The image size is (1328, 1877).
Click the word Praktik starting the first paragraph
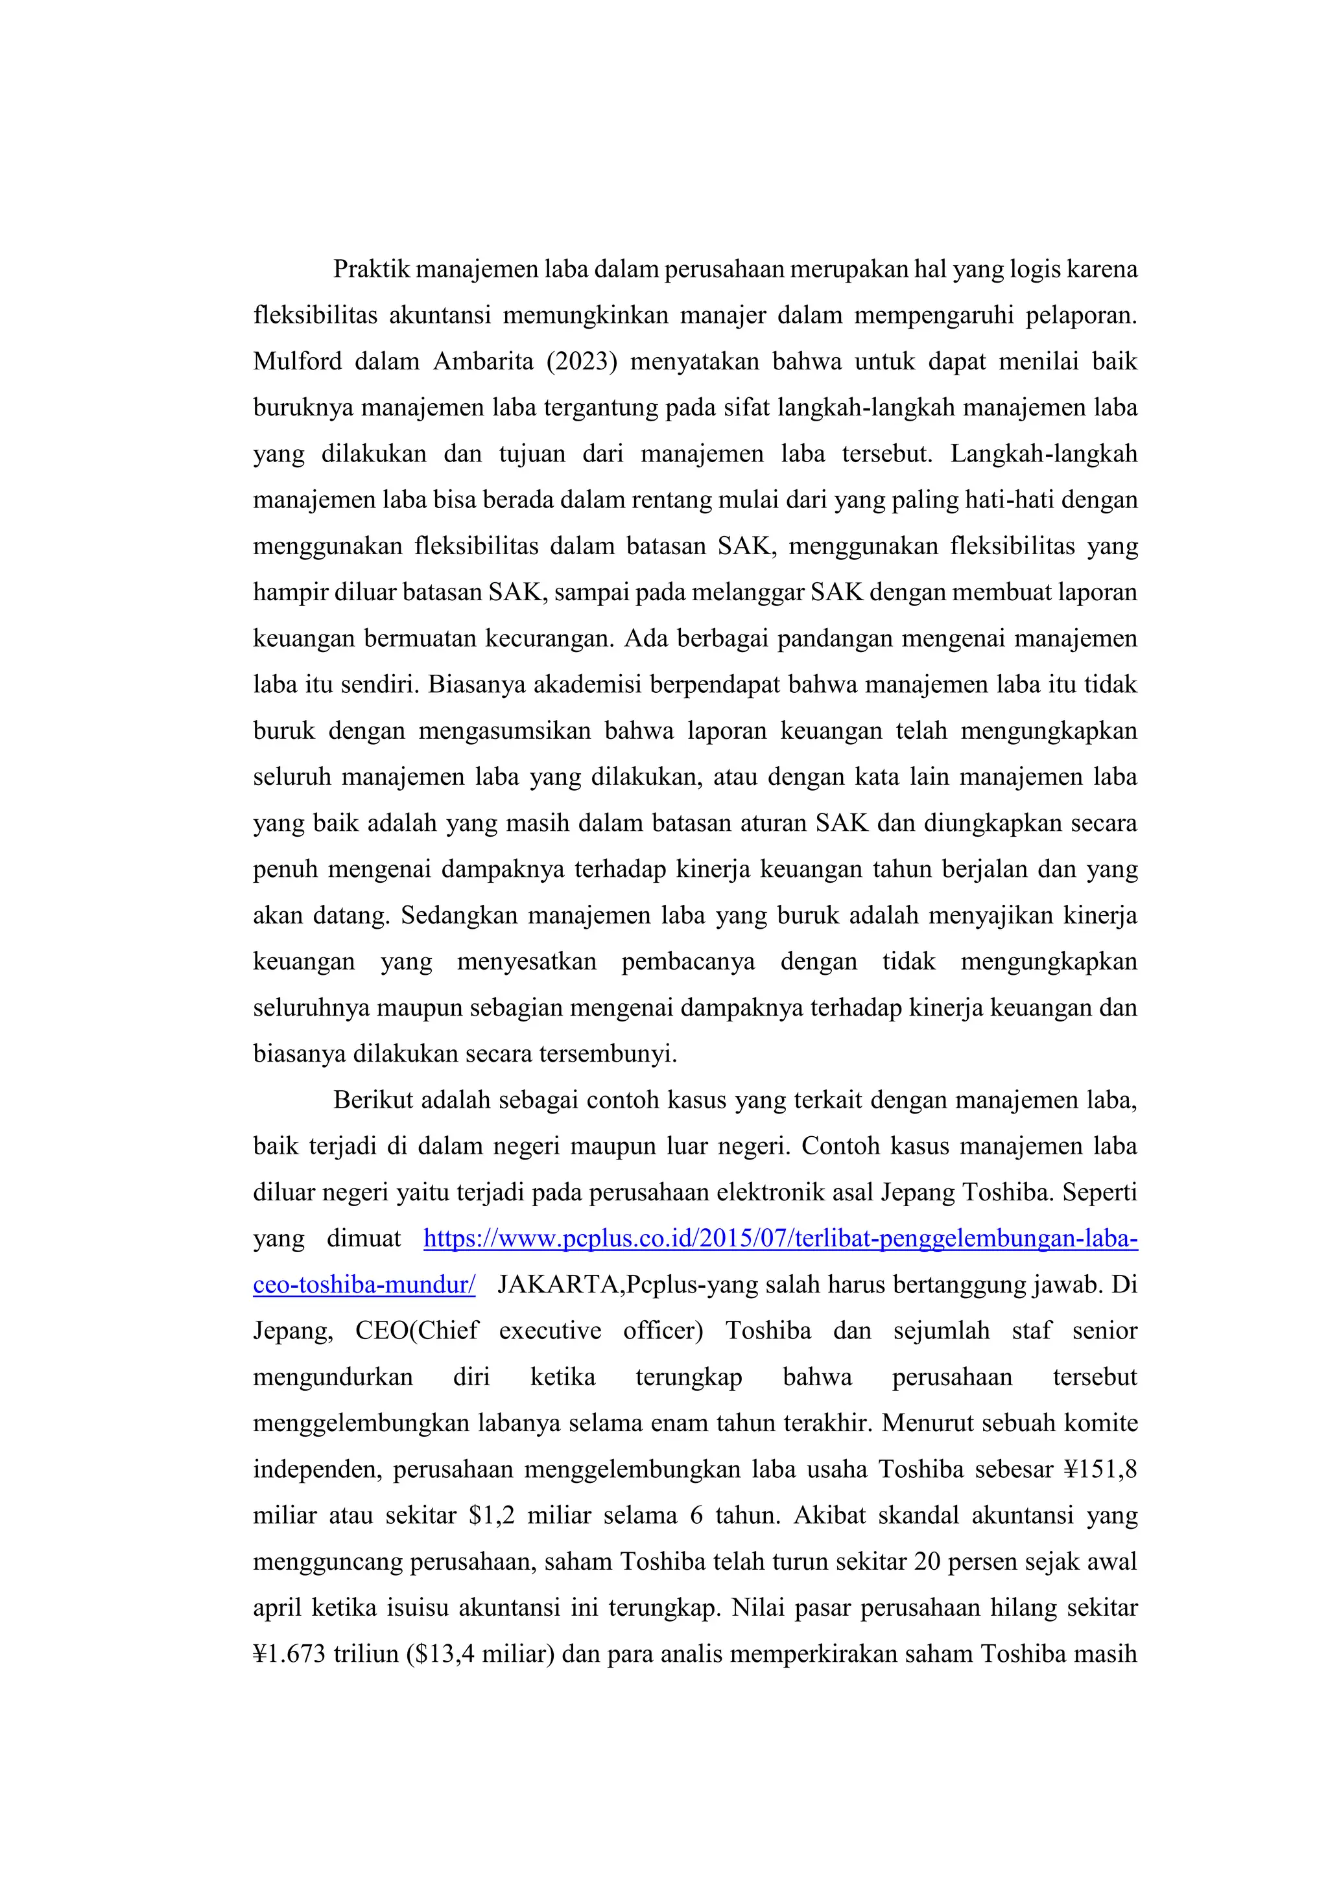pyautogui.click(x=370, y=269)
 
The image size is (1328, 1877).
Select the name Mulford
pyautogui.click(x=297, y=362)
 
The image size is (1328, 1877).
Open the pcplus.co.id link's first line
pyautogui.click(x=780, y=1239)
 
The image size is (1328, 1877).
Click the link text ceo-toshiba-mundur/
pyautogui.click(x=364, y=1285)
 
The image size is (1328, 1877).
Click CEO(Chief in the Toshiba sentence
pyautogui.click(x=416, y=1331)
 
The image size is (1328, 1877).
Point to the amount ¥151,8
pyautogui.click(x=1100, y=1469)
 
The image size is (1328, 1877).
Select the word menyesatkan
pyautogui.click(x=527, y=961)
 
